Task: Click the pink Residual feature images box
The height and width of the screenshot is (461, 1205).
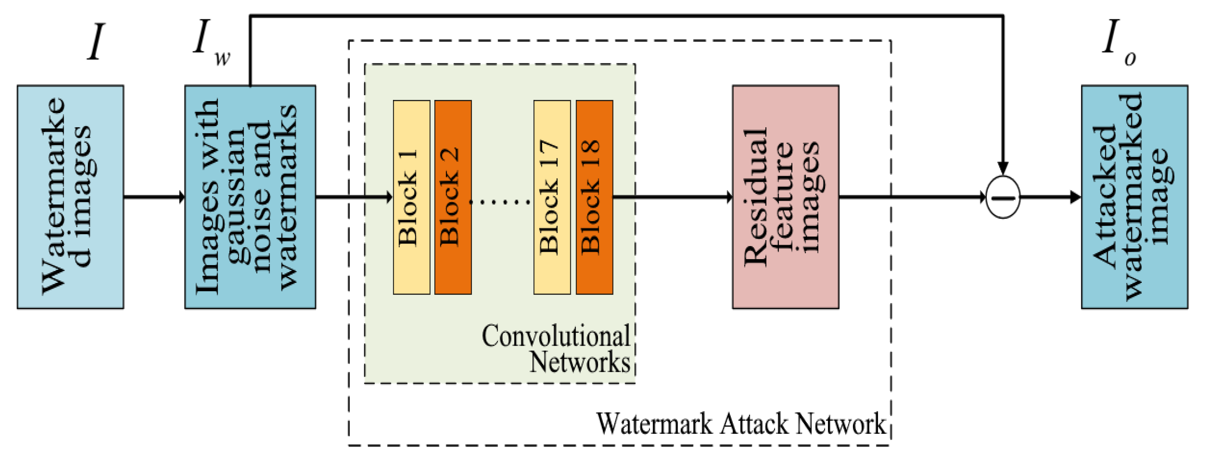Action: pyautogui.click(x=785, y=197)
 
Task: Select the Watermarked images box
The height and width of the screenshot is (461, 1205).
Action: pyautogui.click(x=70, y=197)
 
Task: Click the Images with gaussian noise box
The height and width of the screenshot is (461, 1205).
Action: pyautogui.click(x=250, y=197)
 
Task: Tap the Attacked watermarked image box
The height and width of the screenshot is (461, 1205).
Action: pyautogui.click(x=1134, y=197)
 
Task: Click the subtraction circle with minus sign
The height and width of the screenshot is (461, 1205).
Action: pyautogui.click(x=1003, y=197)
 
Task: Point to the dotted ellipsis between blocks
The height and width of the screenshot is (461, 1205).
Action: pyautogui.click(x=499, y=202)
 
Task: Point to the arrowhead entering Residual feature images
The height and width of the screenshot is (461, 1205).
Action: pyautogui.click(x=729, y=197)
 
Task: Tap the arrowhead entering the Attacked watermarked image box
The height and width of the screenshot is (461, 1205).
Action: pyautogui.click(x=1075, y=197)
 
